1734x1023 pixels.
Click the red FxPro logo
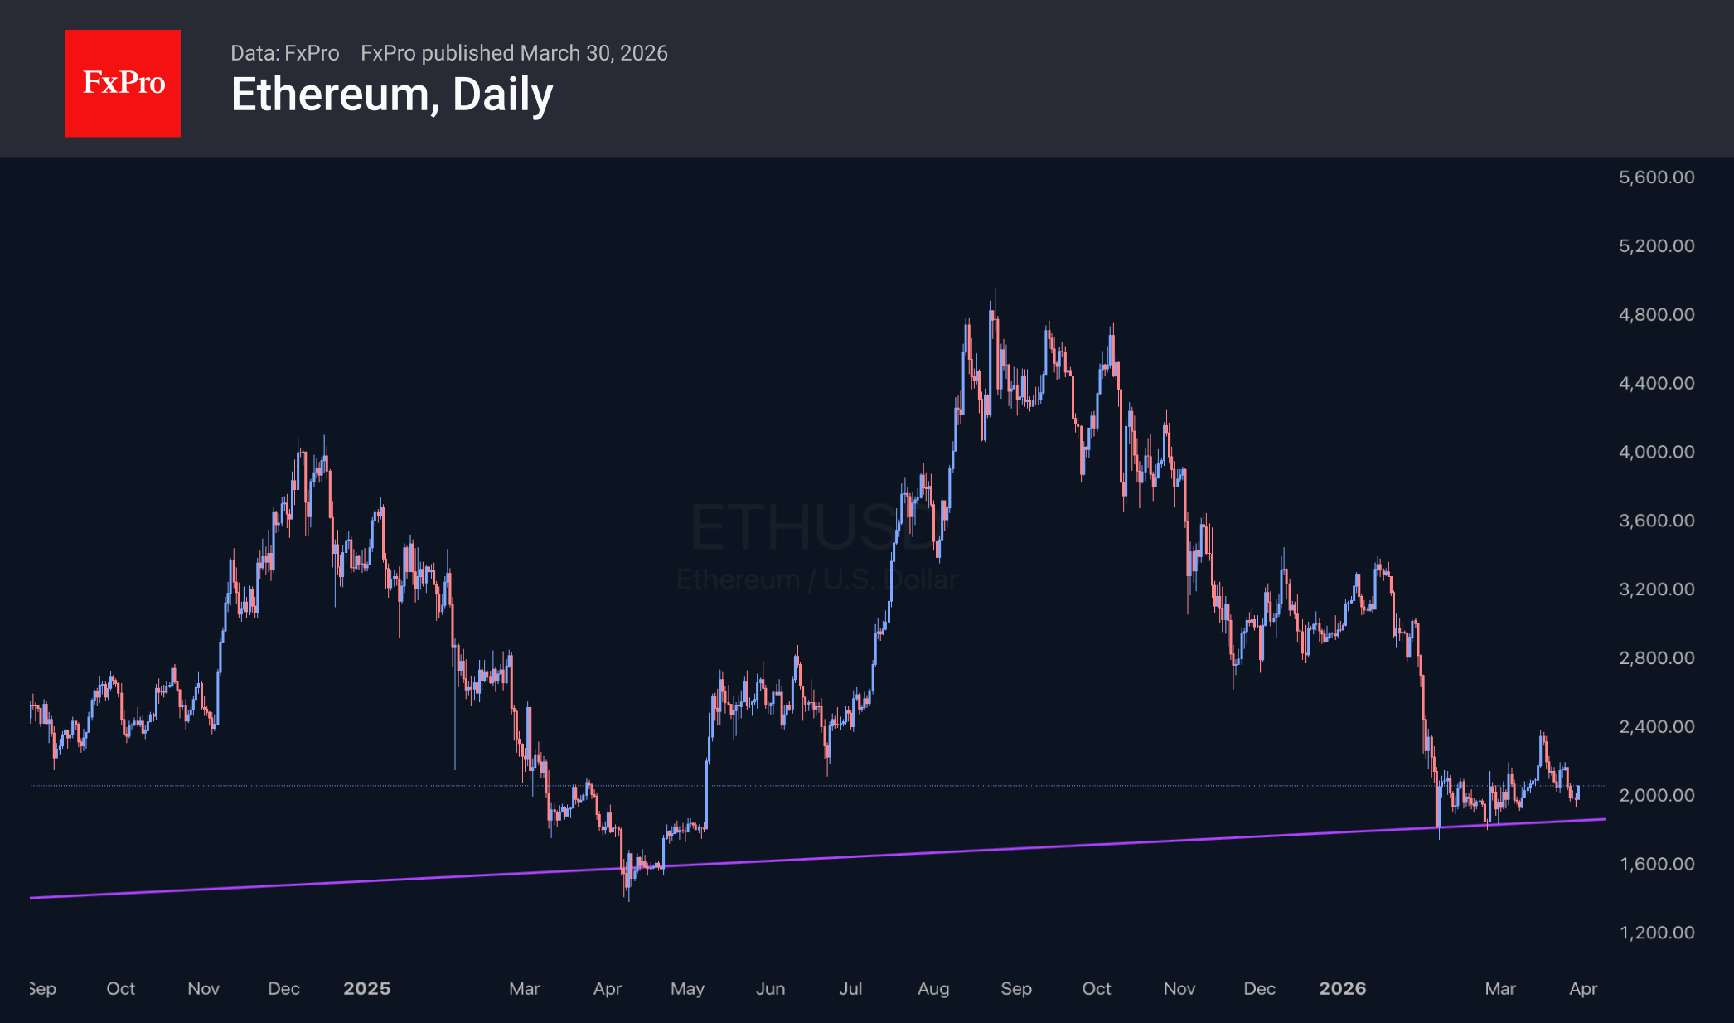[123, 83]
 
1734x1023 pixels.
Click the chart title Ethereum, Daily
[391, 95]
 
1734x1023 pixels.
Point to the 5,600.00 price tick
[1656, 177]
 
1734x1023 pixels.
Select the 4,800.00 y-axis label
[1656, 314]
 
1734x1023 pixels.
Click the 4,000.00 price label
[1656, 452]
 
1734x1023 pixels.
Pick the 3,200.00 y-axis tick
[1656, 589]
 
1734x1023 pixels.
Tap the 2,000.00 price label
[1656, 795]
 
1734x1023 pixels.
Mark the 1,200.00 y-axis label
[1656, 933]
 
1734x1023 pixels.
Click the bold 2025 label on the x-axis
[366, 988]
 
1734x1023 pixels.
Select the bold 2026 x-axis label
[1342, 988]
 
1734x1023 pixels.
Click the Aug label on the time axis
[932, 988]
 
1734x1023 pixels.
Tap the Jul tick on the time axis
[850, 988]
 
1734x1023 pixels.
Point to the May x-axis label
[687, 988]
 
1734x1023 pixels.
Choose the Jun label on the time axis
[770, 988]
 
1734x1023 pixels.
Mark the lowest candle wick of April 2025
[628, 898]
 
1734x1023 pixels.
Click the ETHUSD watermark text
[804, 528]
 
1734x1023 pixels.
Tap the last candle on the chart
[1578, 793]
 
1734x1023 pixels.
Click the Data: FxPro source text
[284, 53]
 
